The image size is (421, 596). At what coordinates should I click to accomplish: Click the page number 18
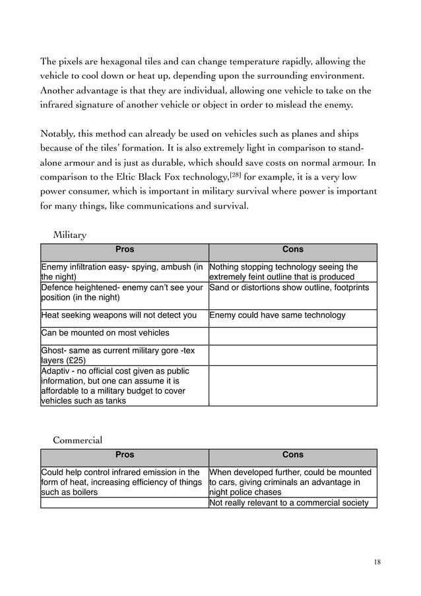(377, 562)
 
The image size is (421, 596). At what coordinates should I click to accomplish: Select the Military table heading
(70, 235)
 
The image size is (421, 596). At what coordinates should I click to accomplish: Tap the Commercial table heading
(77, 439)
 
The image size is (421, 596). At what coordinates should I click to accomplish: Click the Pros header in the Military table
(125, 250)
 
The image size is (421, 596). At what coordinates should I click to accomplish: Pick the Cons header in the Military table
(293, 250)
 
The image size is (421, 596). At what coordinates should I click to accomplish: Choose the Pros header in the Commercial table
(125, 455)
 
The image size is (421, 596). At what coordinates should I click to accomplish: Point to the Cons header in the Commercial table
(293, 455)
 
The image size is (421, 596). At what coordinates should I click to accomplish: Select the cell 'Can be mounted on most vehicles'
(106, 333)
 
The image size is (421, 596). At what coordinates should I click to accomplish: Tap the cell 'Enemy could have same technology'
(277, 315)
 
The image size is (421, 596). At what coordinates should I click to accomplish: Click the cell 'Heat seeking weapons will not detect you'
(119, 315)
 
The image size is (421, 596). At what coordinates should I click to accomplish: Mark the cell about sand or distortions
(289, 287)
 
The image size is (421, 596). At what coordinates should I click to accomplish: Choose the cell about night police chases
(290, 482)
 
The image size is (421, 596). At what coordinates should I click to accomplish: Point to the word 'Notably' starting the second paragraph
(59, 131)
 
